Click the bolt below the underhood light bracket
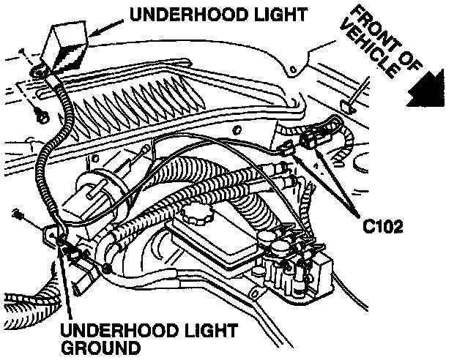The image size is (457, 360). (x=42, y=115)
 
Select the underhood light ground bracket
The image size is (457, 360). (x=53, y=236)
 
